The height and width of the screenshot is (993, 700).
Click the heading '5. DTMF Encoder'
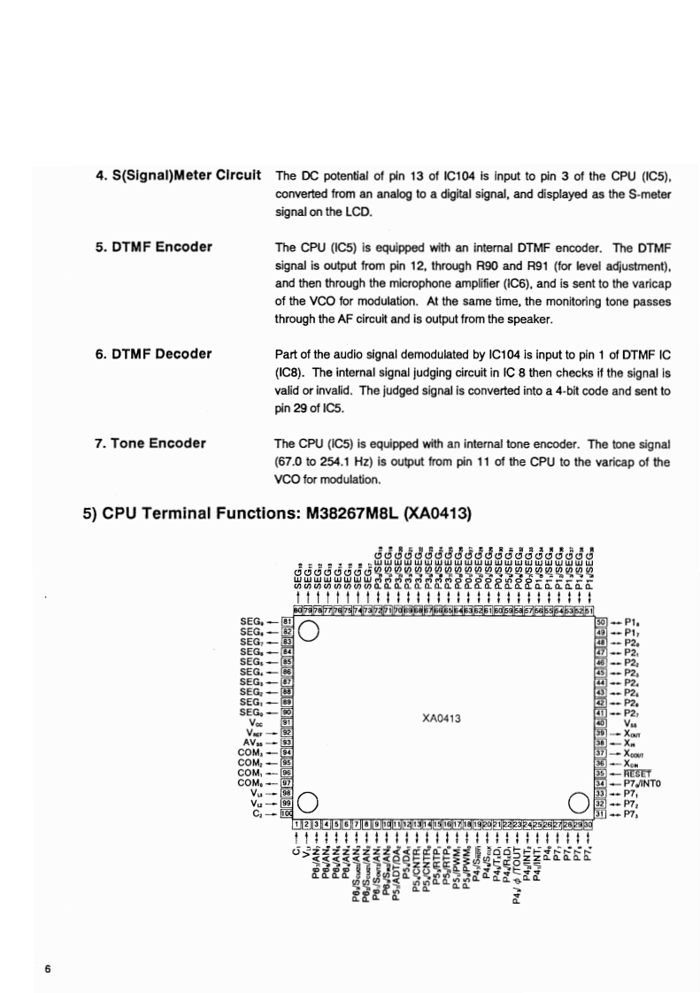[x=153, y=247]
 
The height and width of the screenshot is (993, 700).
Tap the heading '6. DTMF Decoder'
[x=153, y=355]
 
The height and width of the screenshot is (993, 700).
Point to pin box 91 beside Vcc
[x=286, y=721]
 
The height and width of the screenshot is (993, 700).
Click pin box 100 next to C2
[x=286, y=813]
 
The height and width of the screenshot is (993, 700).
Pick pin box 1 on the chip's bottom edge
[x=296, y=824]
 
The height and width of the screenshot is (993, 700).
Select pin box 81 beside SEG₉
[x=286, y=621]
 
